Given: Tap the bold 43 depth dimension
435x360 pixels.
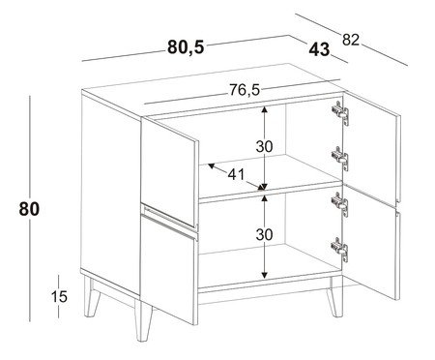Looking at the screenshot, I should pyautogui.click(x=320, y=48).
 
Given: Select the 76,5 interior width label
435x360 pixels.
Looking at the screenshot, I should pyautogui.click(x=244, y=90).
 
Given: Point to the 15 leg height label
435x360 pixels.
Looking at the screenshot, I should pyautogui.click(x=58, y=296).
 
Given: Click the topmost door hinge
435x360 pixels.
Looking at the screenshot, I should pyautogui.click(x=338, y=111).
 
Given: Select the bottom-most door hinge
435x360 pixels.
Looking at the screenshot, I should pyautogui.click(x=338, y=251).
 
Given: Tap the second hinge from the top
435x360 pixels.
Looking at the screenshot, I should pyautogui.click(x=338, y=155).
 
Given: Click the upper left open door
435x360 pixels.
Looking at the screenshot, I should pyautogui.click(x=171, y=160).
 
